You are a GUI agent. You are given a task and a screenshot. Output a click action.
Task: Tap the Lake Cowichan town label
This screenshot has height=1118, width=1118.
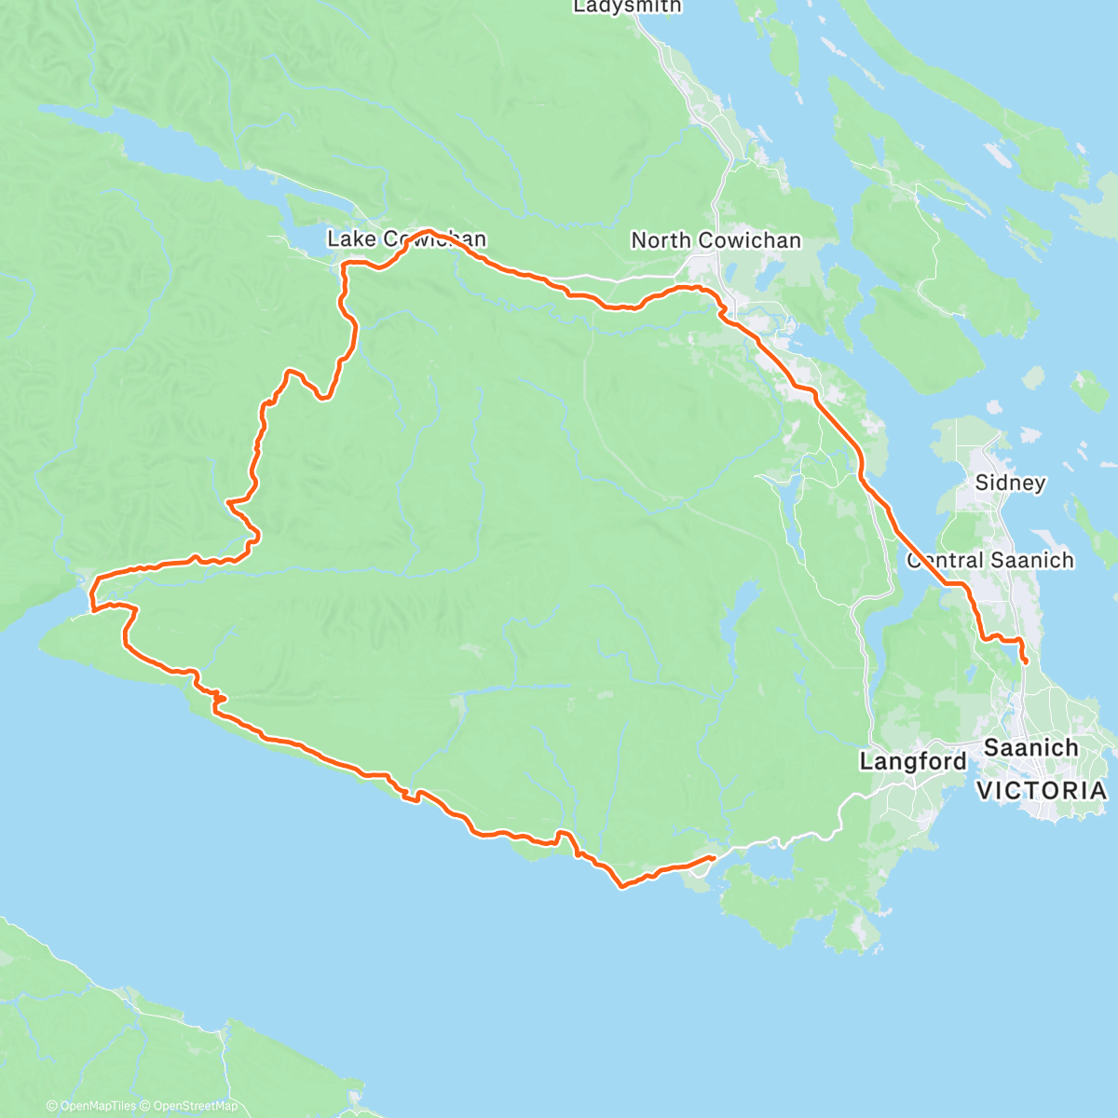406,239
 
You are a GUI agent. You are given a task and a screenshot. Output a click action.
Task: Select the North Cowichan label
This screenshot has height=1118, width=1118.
716,240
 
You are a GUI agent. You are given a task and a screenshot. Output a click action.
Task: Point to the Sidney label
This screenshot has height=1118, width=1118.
1010,483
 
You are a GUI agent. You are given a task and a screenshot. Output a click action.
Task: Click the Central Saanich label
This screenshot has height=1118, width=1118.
989,560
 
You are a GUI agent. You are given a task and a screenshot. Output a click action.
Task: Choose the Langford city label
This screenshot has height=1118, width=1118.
913,761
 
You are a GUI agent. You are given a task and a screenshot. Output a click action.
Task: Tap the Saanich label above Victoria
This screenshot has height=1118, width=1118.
1030,747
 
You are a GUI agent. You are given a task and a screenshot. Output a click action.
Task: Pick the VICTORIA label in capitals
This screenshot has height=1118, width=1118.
1042,791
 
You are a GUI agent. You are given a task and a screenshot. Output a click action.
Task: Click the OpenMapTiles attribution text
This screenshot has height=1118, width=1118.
92,1106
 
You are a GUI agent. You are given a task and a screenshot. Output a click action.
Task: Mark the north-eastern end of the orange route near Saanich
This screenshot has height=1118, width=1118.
1026,661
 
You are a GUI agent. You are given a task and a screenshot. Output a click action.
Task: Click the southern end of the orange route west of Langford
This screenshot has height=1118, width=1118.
713,857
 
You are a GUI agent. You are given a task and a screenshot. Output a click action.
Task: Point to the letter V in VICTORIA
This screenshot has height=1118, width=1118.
985,791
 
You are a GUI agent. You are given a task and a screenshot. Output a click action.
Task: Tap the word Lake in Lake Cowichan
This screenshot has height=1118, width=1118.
351,239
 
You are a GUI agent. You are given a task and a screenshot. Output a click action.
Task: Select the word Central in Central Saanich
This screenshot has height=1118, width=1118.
943,560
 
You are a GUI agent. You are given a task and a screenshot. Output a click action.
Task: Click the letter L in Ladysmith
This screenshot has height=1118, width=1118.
579,7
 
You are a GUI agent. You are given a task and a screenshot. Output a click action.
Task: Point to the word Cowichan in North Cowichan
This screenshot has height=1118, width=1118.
745,240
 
